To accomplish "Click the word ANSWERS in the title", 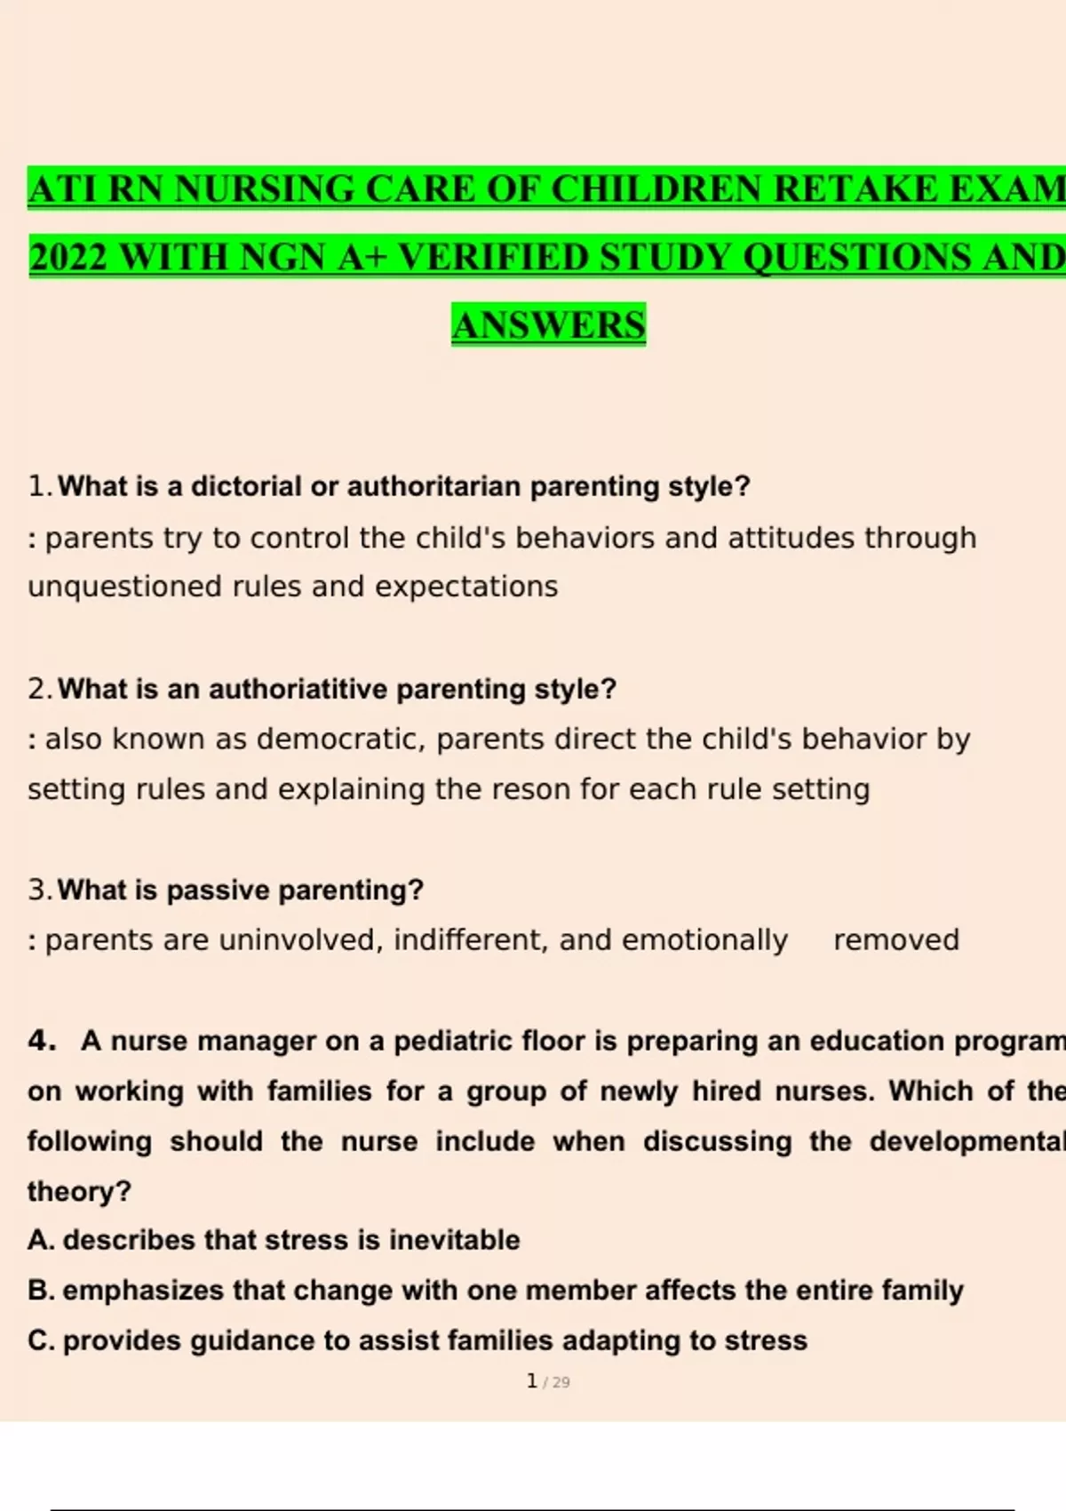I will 548,325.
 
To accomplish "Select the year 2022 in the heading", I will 68,258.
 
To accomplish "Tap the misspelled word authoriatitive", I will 298,690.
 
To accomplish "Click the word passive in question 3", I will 219,891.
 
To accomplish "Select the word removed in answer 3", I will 895,940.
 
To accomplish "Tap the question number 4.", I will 41,1041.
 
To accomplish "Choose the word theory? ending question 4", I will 79,1191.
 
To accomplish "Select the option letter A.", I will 40,1240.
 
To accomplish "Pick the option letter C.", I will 40,1340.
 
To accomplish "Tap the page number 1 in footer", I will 531,1381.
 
